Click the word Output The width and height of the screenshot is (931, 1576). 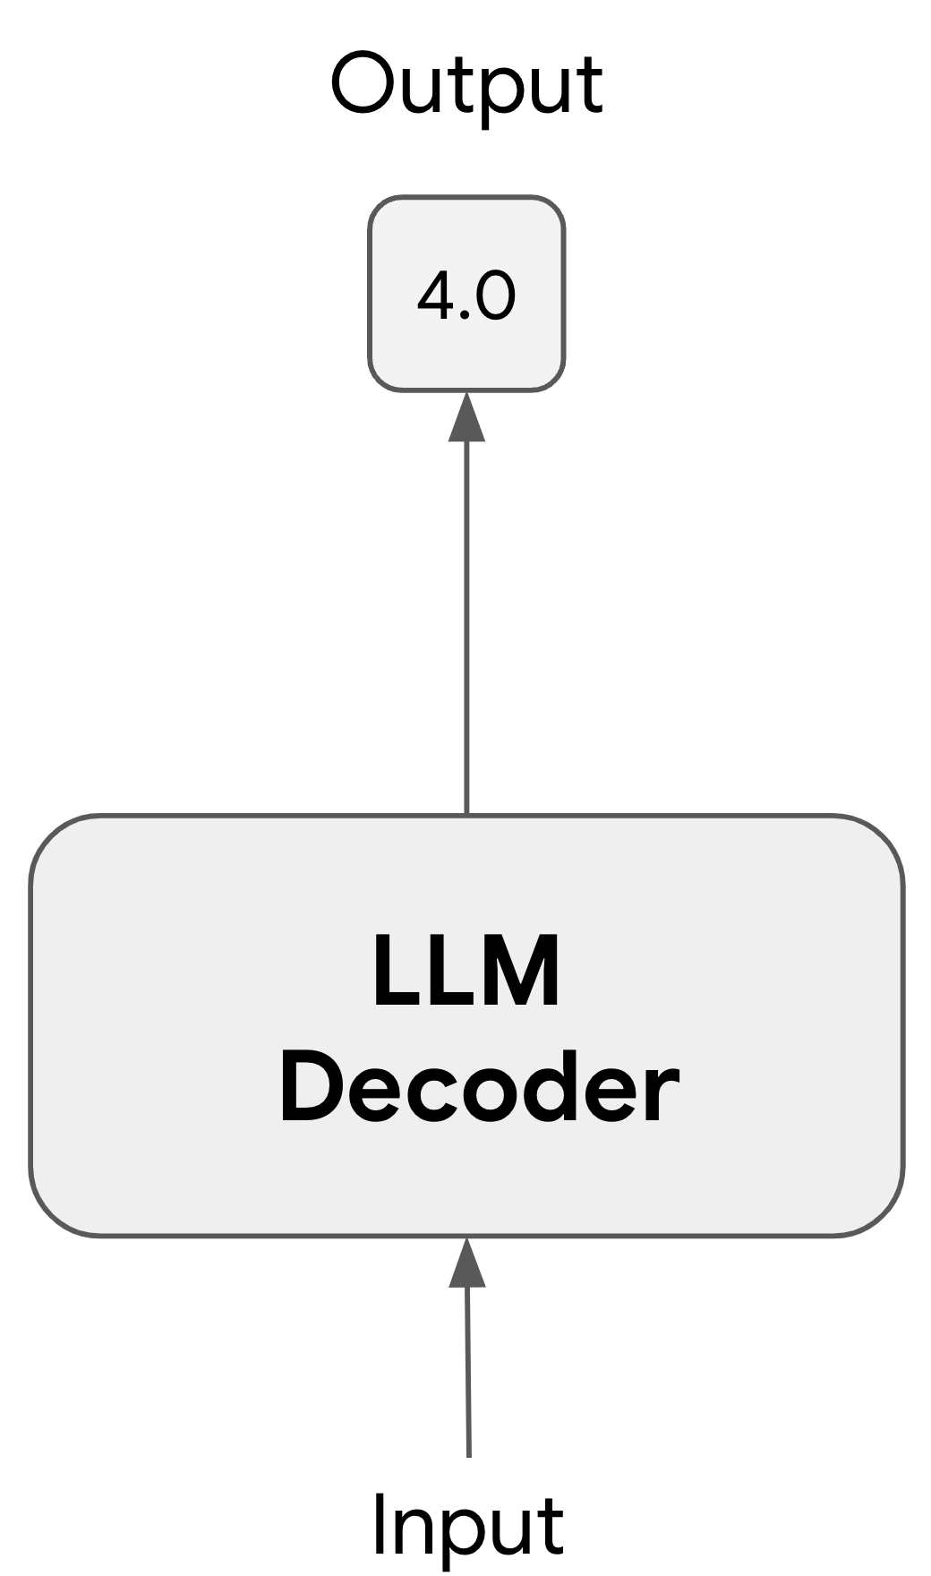(x=466, y=86)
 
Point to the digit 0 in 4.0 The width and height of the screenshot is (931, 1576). (x=496, y=295)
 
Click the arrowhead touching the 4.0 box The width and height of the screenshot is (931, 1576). (x=466, y=417)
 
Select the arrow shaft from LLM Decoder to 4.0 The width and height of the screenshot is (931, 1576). (x=466, y=627)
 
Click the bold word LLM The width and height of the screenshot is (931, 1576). (x=466, y=971)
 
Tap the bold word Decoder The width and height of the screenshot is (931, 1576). (x=479, y=1087)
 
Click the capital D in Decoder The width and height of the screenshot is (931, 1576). (x=309, y=1087)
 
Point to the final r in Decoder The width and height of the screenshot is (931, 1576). (x=662, y=1094)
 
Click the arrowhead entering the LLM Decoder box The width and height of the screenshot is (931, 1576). (x=466, y=1263)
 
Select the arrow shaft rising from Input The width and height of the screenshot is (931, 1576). (x=467, y=1370)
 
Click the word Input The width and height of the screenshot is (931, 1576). (x=467, y=1524)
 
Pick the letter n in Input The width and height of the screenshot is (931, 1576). (x=414, y=1529)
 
